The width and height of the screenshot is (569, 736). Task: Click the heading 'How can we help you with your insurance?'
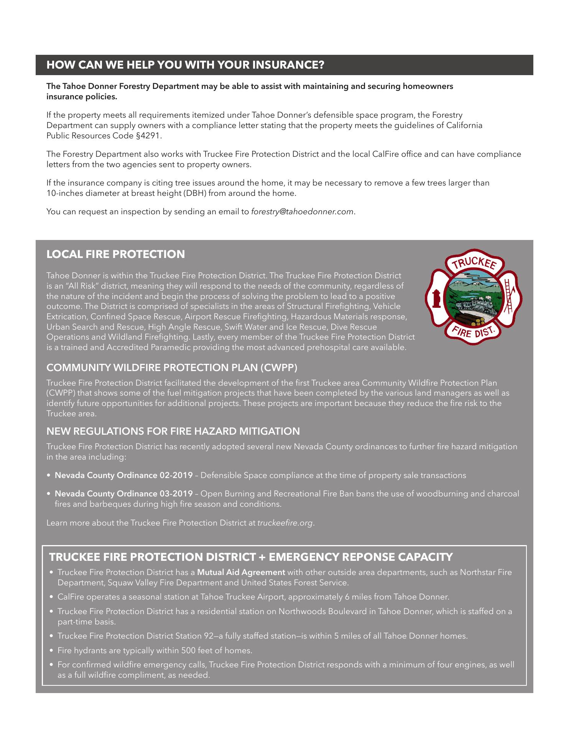point(185,65)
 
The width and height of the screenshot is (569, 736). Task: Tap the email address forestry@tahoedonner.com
point(302,212)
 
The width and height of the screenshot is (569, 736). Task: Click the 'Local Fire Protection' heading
point(115,254)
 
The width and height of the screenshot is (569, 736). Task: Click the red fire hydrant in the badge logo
point(435,298)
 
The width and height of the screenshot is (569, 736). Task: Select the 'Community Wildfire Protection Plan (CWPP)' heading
point(172,368)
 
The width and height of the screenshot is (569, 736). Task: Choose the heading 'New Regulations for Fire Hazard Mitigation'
point(173,431)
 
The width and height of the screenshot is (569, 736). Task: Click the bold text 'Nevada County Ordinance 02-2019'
point(123,475)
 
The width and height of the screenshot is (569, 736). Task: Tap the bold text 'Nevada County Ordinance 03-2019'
point(123,494)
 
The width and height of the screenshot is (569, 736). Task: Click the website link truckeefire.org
point(285,523)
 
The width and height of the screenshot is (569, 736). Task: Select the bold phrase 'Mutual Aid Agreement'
point(241,572)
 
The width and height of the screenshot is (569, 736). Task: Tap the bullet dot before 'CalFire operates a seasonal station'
point(52,597)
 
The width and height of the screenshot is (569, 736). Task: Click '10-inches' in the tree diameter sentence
point(62,193)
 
